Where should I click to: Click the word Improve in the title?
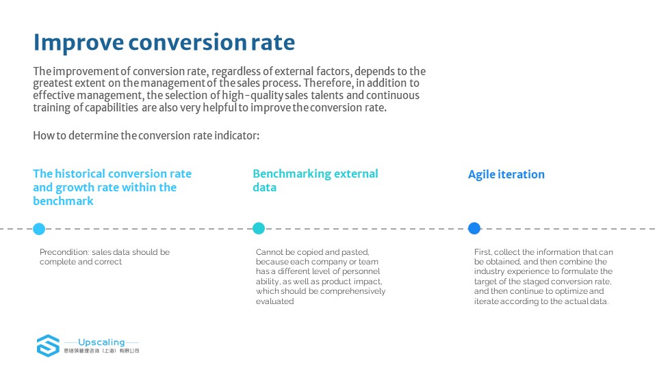[79, 42]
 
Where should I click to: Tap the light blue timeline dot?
[39, 229]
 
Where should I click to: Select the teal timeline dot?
[259, 228]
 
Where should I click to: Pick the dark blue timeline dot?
[474, 228]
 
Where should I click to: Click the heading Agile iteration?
[506, 174]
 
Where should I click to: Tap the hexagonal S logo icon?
[48, 346]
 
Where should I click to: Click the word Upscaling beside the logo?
[101, 342]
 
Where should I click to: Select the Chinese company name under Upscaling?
[101, 351]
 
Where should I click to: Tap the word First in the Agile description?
[482, 252]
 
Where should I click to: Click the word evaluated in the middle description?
[275, 301]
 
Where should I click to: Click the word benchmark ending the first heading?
[63, 201]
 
